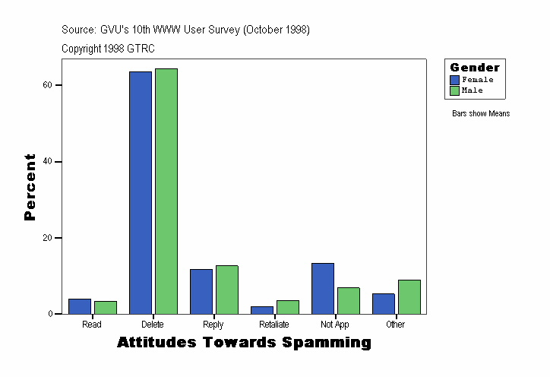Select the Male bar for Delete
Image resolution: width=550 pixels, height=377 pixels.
click(166, 191)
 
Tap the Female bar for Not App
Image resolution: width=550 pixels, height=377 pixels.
click(323, 288)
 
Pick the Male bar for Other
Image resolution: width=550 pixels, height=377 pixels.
click(409, 296)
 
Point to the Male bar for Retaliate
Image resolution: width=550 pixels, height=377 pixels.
click(288, 307)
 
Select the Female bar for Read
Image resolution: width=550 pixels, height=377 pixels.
click(80, 306)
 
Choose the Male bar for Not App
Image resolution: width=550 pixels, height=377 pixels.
click(349, 300)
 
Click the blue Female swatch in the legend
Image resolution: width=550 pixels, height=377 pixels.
click(454, 80)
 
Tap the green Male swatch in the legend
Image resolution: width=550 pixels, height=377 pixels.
click(454, 90)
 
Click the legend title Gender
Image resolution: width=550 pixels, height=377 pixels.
click(475, 68)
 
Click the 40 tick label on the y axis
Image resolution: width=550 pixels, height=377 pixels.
click(47, 162)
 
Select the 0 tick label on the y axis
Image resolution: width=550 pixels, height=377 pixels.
click(49, 314)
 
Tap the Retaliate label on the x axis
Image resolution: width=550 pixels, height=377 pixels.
click(274, 325)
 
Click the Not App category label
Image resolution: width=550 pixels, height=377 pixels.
click(335, 325)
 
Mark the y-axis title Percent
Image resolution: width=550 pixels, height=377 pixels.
click(30, 187)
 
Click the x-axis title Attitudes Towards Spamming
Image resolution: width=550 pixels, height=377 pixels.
click(244, 343)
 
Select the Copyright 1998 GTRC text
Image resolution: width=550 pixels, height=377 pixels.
click(108, 48)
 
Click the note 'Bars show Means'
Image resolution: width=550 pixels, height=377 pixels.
click(481, 114)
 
